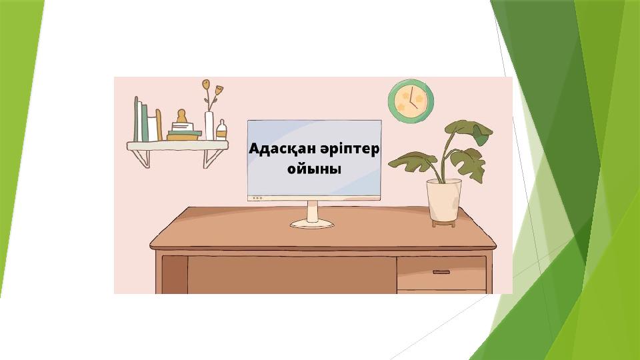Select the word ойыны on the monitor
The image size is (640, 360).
click(x=314, y=169)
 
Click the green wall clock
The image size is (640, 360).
click(x=411, y=101)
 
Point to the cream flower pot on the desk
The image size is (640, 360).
click(x=444, y=200)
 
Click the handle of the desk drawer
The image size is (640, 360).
click(x=441, y=272)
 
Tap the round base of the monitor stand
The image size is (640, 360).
click(x=312, y=223)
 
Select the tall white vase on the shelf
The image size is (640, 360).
click(x=209, y=126)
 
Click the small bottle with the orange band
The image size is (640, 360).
click(x=221, y=130)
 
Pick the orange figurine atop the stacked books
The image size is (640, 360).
click(x=181, y=116)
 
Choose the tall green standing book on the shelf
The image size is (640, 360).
click(x=137, y=119)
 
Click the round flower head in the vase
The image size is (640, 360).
click(x=206, y=84)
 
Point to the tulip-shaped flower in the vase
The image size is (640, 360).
click(x=219, y=89)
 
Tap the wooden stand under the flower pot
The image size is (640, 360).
click(x=444, y=223)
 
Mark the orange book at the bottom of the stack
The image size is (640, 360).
click(x=183, y=137)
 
